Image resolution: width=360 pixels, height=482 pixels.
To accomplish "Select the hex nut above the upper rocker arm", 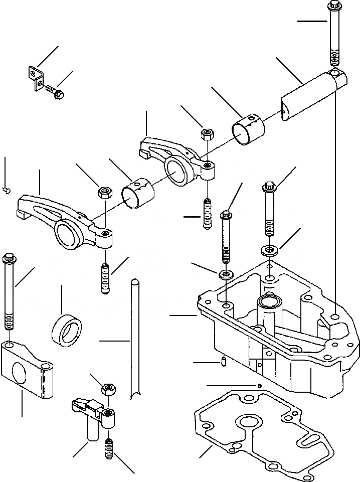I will (x=207, y=134).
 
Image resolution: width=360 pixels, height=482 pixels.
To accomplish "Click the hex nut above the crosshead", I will (x=108, y=389).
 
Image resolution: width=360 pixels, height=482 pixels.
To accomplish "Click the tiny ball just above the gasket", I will (x=259, y=385).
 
